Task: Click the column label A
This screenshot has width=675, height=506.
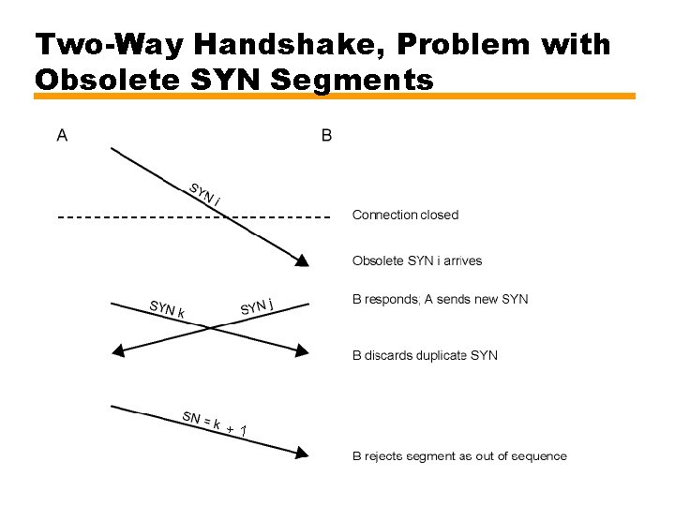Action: coord(62,135)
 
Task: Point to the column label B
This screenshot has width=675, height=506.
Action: coord(326,135)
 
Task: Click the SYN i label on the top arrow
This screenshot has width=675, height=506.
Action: coord(205,193)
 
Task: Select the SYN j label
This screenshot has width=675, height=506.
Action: coord(257,305)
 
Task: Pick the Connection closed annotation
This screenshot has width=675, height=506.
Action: coord(405,215)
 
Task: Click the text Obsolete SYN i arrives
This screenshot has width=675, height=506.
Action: coord(417,260)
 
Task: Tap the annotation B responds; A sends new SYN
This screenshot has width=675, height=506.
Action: coord(440,300)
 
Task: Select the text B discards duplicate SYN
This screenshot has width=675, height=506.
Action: coord(425,355)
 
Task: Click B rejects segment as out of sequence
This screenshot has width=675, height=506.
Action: coord(459,456)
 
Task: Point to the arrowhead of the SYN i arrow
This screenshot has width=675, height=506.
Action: coord(302,261)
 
